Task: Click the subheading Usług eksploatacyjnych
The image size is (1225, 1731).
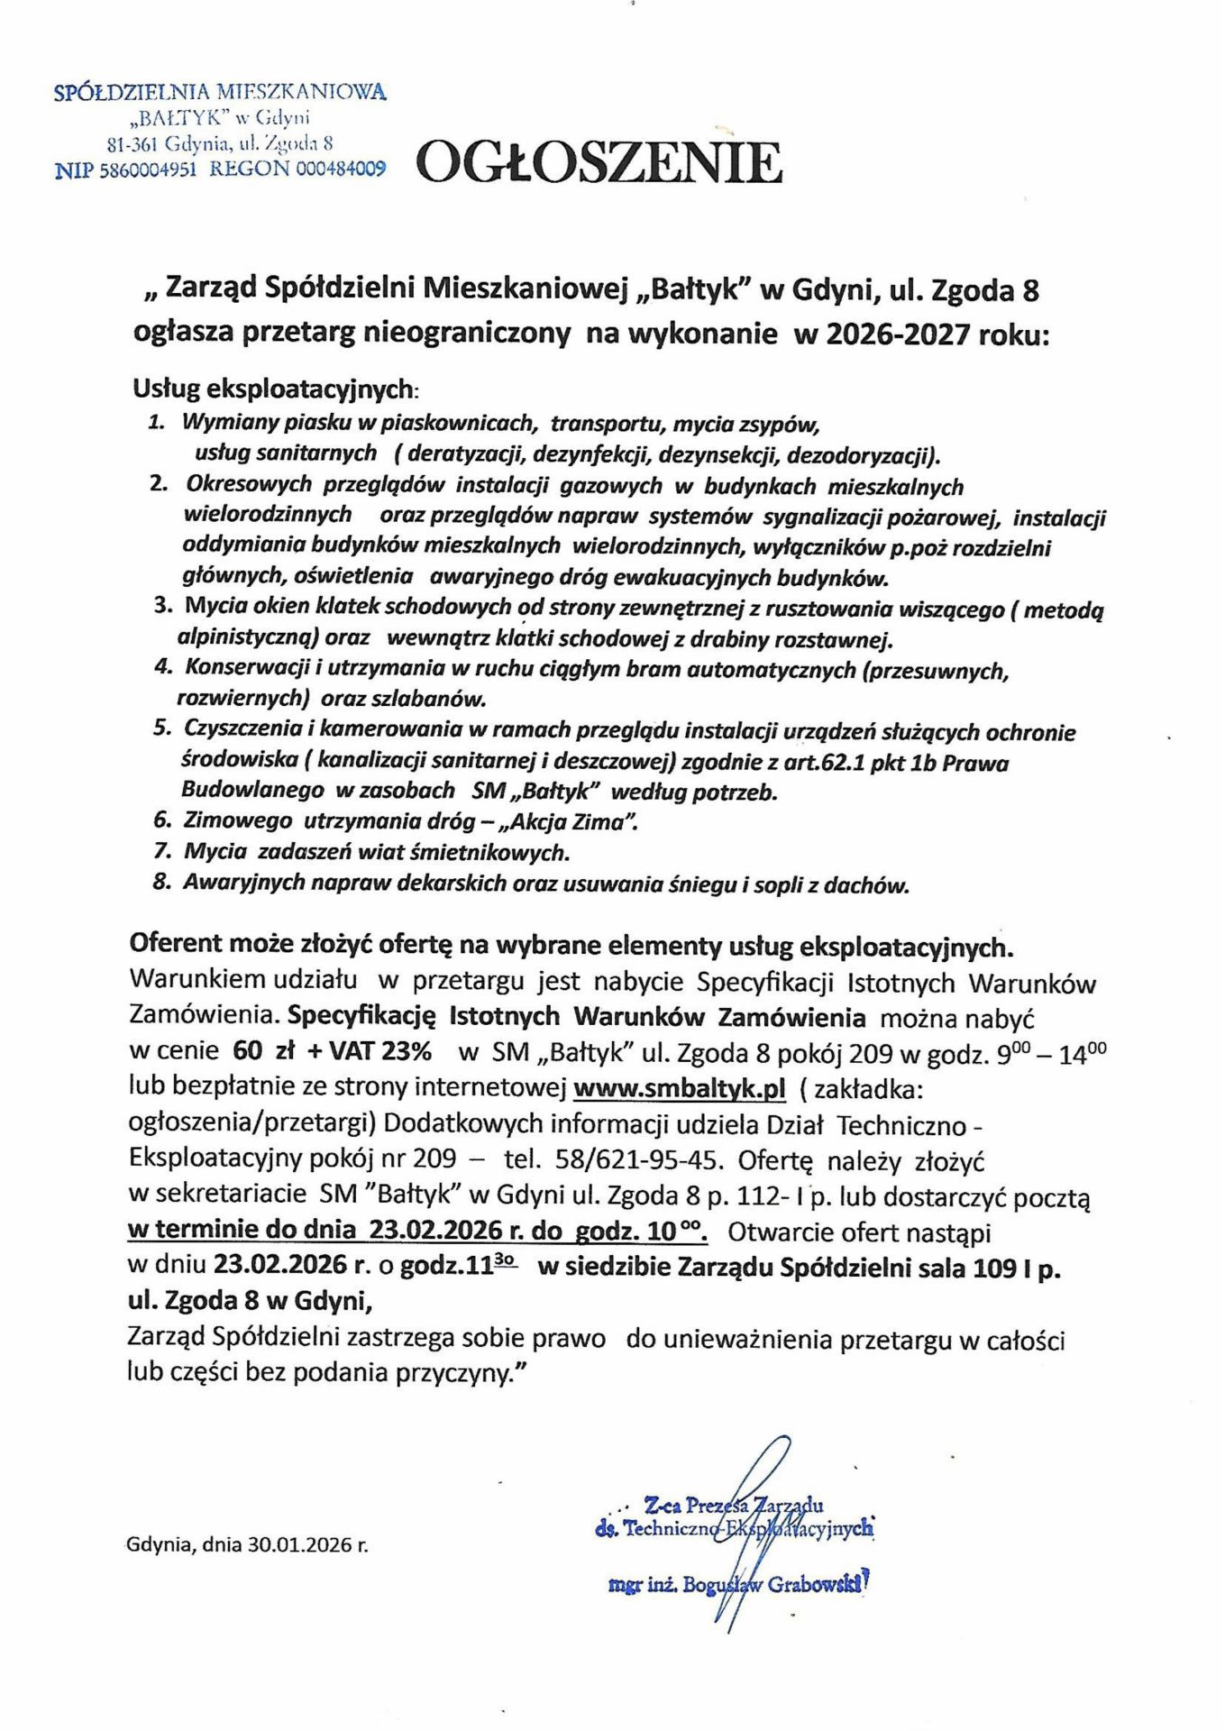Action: tap(275, 389)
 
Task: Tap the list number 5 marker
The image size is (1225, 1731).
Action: tap(162, 728)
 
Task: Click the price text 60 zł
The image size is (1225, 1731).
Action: tap(256, 1051)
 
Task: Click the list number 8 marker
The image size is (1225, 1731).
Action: tap(162, 883)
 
